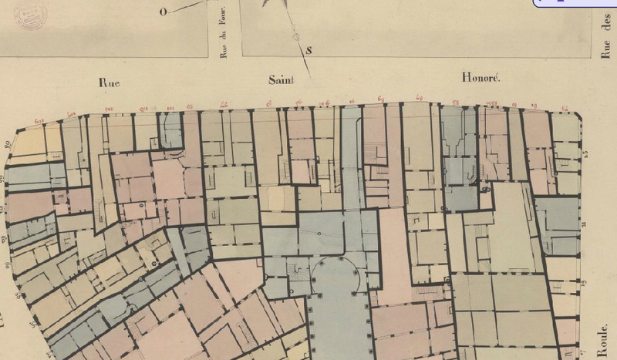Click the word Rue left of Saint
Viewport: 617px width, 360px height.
click(x=112, y=80)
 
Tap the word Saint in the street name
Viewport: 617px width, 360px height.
click(x=283, y=79)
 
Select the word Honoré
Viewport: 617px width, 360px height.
click(x=480, y=78)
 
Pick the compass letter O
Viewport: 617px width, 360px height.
click(x=164, y=12)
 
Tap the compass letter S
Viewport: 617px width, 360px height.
click(x=308, y=51)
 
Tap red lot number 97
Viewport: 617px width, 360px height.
click(x=224, y=106)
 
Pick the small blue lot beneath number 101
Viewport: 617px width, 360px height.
click(x=171, y=131)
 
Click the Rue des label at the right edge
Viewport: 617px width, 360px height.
click(x=606, y=39)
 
